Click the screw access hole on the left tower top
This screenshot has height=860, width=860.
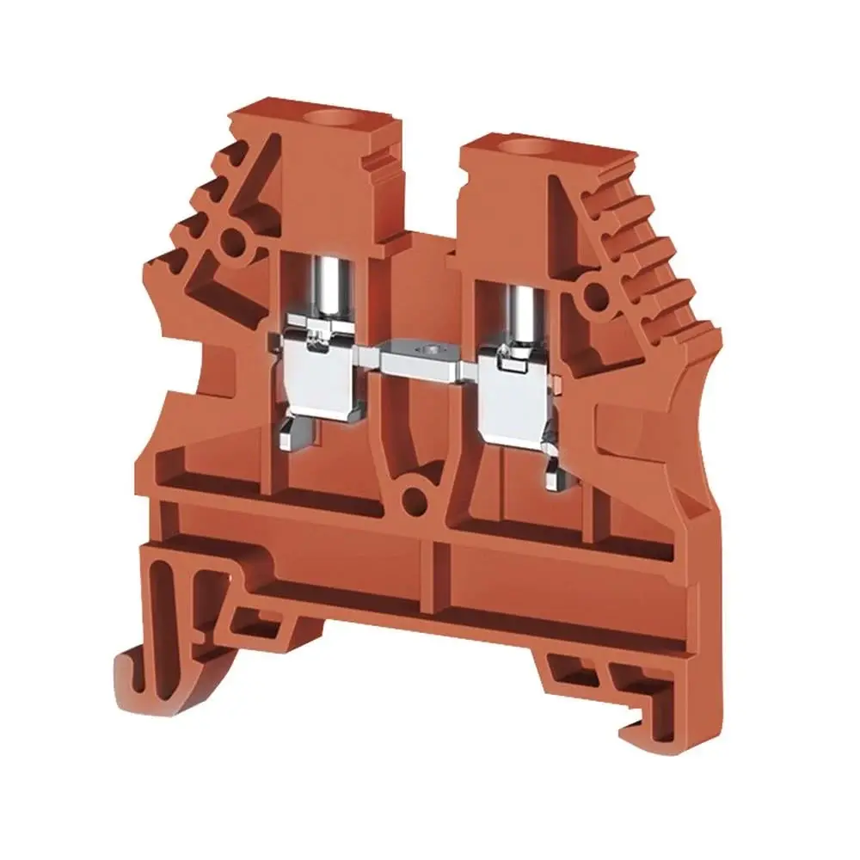(x=332, y=118)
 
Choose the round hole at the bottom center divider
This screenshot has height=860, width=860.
(x=415, y=497)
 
